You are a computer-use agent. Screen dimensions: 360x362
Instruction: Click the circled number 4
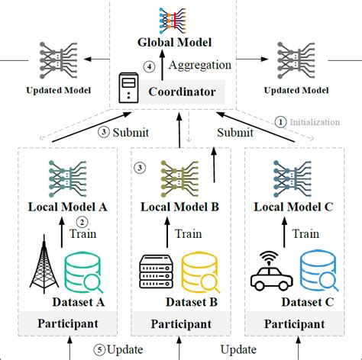150,66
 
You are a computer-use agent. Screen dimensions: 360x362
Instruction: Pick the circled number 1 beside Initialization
280,121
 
